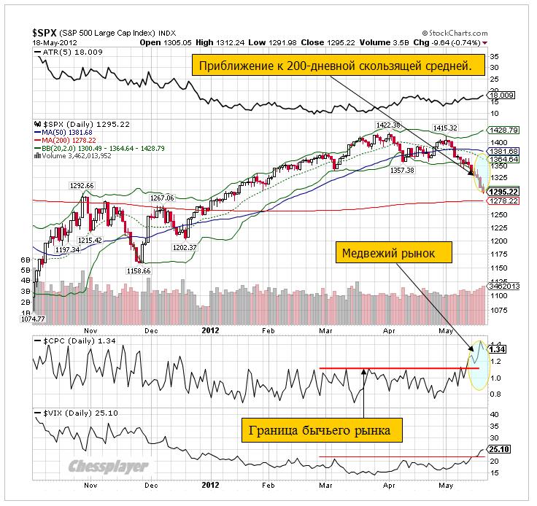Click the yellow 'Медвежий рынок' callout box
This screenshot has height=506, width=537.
click(395, 254)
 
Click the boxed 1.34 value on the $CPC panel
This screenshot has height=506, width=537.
click(498, 349)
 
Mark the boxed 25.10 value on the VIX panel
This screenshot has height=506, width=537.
click(498, 449)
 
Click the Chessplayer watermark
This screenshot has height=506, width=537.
click(108, 467)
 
